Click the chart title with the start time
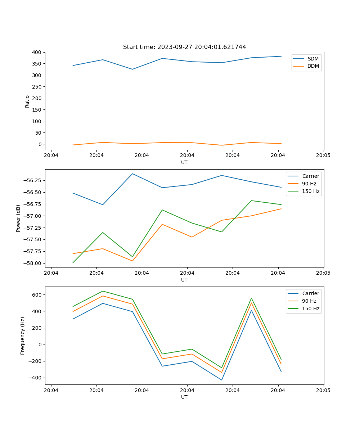click(184, 47)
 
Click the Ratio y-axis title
click(27, 101)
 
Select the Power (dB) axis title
click(18, 218)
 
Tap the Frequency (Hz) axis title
click(23, 336)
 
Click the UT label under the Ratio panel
click(184, 162)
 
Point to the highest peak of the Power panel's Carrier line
click(132, 174)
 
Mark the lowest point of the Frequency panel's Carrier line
click(221, 380)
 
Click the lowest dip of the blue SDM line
click(132, 69)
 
